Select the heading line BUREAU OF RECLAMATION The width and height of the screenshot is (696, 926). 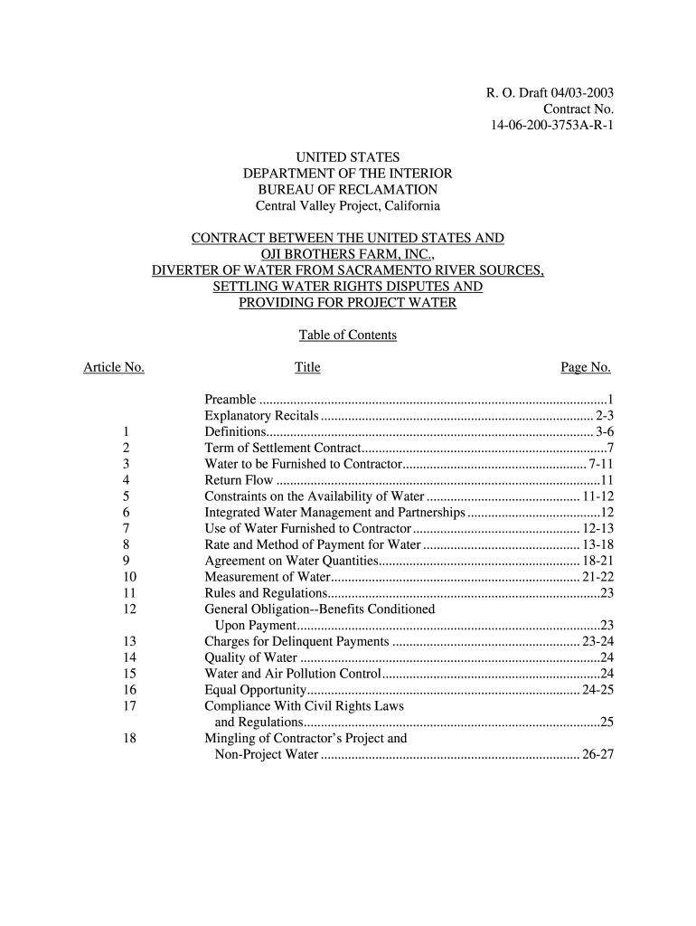pyautogui.click(x=348, y=189)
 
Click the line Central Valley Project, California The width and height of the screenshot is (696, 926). pyautogui.click(x=348, y=205)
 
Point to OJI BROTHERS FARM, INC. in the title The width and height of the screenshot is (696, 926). pyautogui.click(x=348, y=254)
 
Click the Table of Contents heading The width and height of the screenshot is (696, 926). pyautogui.click(x=348, y=335)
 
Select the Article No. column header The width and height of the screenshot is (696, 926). pyautogui.click(x=114, y=367)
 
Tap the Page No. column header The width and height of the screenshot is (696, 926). pyautogui.click(x=586, y=367)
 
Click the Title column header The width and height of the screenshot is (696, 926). pyautogui.click(x=307, y=367)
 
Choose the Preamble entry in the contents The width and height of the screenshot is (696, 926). pyautogui.click(x=230, y=400)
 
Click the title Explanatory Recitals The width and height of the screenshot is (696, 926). pyautogui.click(x=261, y=416)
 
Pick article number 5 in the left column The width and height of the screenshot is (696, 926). pyautogui.click(x=126, y=496)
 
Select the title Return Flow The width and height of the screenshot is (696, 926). pyautogui.click(x=239, y=480)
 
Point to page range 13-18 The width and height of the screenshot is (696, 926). pyautogui.click(x=598, y=545)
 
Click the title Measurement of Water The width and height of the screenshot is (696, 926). pyautogui.click(x=267, y=577)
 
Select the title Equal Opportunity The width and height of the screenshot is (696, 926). pyautogui.click(x=256, y=690)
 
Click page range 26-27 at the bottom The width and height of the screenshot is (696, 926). pyautogui.click(x=598, y=754)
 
